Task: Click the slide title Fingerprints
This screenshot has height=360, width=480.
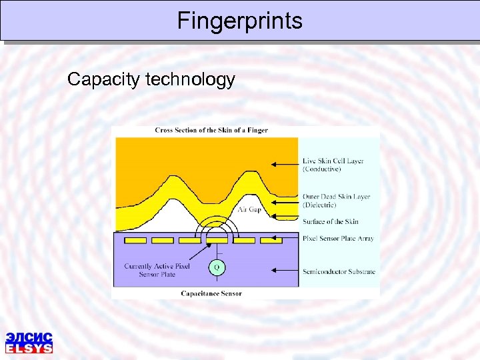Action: pos(239,21)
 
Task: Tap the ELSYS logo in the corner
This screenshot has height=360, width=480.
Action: pos(29,341)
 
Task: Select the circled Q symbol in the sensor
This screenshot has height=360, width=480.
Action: pos(216,267)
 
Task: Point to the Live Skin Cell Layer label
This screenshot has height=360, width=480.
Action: pos(333,165)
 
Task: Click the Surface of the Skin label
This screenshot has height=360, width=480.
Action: pos(330,221)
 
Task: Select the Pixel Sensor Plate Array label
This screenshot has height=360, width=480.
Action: pos(338,238)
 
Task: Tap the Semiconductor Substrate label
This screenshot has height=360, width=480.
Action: pos(339,271)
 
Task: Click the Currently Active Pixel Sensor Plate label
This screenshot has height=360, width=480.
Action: pos(157,270)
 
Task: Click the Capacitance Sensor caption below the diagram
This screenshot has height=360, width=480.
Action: pos(211,293)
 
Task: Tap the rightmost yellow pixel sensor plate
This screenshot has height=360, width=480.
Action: pos(271,239)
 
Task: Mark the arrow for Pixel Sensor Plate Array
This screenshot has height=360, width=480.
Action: pos(288,238)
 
